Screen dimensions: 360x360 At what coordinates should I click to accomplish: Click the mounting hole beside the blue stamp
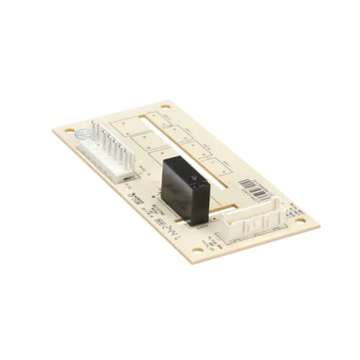(69, 131)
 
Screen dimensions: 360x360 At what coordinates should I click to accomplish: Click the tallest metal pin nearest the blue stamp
(94, 130)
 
